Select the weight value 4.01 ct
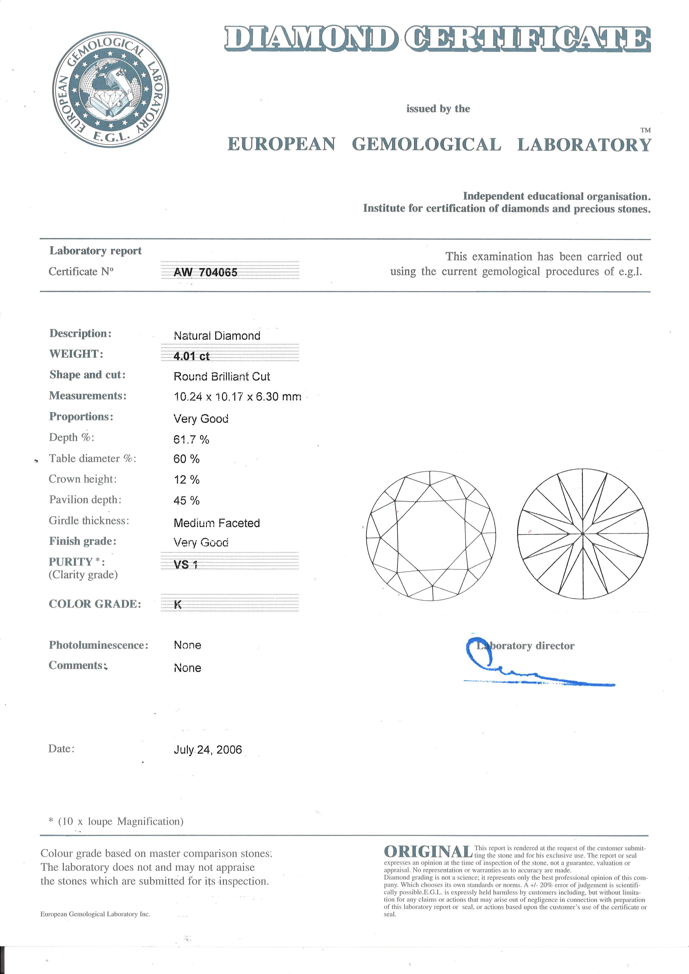click(x=191, y=356)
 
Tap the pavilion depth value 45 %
click(x=186, y=500)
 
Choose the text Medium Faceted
click(x=216, y=523)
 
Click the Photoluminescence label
click(x=98, y=645)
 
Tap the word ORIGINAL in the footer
click(x=428, y=852)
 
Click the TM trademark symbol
click(x=645, y=130)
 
